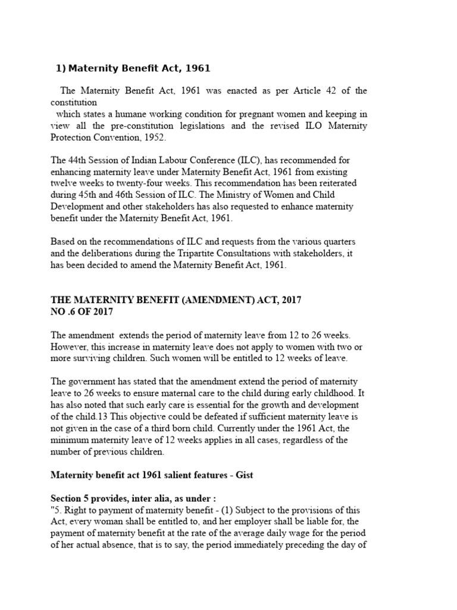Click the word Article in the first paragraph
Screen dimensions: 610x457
[294, 91]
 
